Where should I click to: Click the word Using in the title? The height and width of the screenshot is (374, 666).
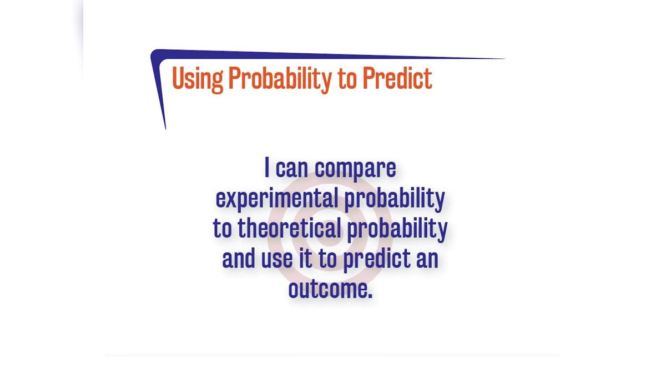click(x=198, y=79)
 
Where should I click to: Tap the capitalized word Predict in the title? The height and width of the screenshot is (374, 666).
click(x=397, y=78)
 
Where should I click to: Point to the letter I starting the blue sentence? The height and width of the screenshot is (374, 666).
click(x=267, y=168)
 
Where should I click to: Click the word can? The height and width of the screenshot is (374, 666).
click(x=292, y=169)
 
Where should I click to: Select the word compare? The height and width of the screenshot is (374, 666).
click(x=355, y=170)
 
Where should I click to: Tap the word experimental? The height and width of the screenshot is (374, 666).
click(x=277, y=199)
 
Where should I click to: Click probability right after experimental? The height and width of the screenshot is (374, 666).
click(x=395, y=199)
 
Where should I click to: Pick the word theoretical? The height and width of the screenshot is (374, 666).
click(x=289, y=228)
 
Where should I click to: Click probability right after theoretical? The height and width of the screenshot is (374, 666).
click(x=397, y=229)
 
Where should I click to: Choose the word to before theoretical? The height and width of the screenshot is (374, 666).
click(x=223, y=229)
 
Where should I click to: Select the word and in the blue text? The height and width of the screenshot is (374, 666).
click(x=239, y=258)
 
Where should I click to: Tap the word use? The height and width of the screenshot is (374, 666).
click(x=277, y=259)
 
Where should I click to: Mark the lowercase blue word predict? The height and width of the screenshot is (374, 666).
click(x=377, y=259)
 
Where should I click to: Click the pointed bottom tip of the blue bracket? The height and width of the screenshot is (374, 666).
click(x=165, y=129)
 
